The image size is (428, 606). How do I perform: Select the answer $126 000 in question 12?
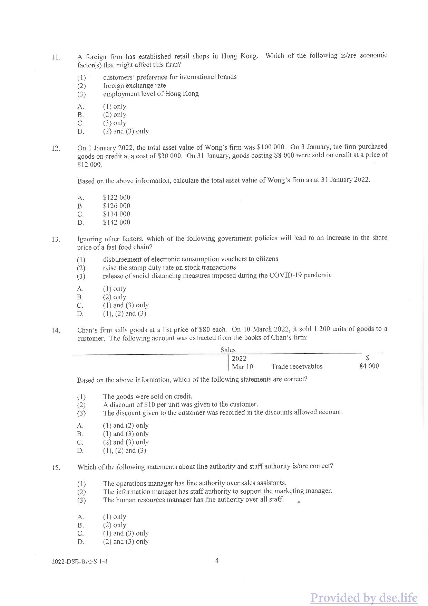[116, 206]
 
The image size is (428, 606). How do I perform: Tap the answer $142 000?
[116, 222]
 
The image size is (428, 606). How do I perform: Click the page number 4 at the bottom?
[217, 560]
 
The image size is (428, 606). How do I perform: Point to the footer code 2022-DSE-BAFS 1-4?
[79, 561]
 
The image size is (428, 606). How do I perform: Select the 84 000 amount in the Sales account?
[369, 366]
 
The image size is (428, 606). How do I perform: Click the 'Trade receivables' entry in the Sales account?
[297, 366]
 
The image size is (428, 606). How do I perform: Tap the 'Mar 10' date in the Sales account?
[242, 367]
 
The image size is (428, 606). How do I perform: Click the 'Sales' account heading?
[228, 350]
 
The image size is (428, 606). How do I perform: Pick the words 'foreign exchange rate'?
[134, 85]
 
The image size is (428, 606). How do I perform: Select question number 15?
[56, 468]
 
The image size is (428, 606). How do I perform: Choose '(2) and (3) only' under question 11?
[126, 131]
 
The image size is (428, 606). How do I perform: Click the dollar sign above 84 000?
[368, 358]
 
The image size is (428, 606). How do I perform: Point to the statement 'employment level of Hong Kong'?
[151, 94]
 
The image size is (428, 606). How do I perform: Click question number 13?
[56, 239]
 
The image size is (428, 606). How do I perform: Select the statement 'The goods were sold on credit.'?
[147, 396]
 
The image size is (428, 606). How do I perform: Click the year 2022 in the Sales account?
[239, 358]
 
